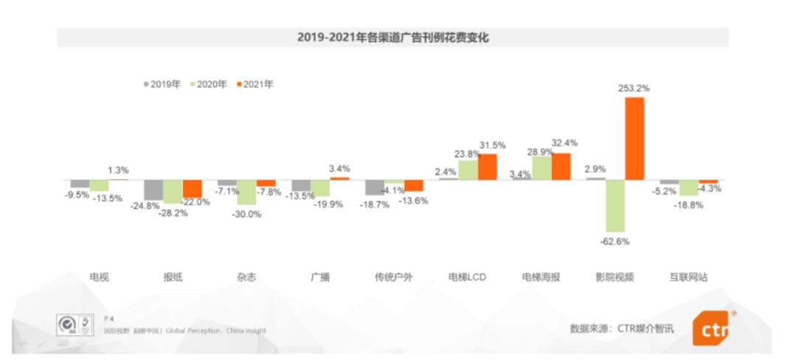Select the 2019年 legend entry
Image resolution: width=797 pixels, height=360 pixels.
[162, 84]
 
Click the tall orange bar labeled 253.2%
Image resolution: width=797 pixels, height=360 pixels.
[634, 138]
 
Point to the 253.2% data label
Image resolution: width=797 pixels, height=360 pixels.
[634, 89]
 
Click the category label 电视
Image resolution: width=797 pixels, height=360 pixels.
[99, 277]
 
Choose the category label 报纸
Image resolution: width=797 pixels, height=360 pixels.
[173, 277]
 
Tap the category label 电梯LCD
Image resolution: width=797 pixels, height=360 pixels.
[467, 277]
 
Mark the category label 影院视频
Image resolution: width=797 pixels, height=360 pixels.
[615, 277]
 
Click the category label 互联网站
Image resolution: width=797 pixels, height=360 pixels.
[689, 277]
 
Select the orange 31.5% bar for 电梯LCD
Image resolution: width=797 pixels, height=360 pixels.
[487, 167]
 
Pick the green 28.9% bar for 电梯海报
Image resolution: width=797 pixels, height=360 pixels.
[542, 168]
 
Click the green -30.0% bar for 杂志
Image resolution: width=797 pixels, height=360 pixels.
[246, 192]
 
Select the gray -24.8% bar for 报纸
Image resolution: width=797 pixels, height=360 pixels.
[153, 190]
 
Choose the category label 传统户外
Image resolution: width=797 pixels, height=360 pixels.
[394, 277]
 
